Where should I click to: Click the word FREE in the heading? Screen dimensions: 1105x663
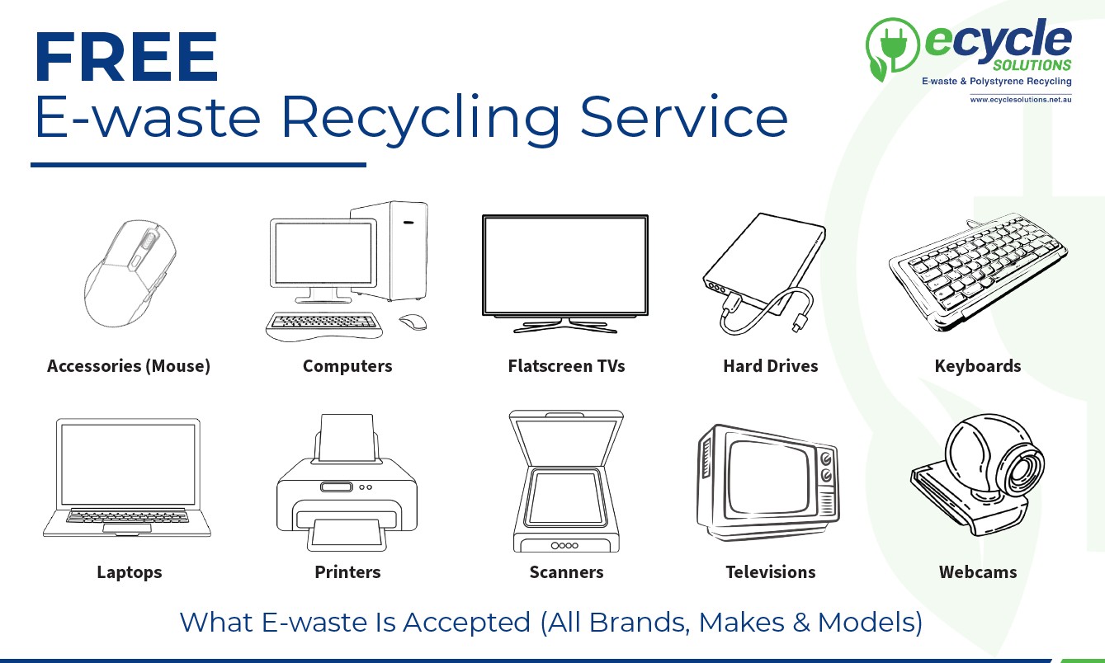[x=126, y=56]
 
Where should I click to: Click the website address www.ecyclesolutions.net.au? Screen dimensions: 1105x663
[x=1021, y=100]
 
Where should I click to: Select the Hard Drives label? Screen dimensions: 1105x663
[x=771, y=366]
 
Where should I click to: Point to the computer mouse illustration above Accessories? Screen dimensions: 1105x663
[x=130, y=273]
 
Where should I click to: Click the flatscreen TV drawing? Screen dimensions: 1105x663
[x=565, y=274]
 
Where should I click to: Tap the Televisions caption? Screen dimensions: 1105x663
[x=771, y=571]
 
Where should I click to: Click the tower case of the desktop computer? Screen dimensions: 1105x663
[x=390, y=251]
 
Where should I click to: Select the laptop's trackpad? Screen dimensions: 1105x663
[x=127, y=528]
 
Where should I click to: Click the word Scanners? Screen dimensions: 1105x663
[x=566, y=571]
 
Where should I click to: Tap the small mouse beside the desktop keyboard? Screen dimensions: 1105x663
[x=413, y=322]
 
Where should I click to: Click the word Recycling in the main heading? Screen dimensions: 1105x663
[x=420, y=118]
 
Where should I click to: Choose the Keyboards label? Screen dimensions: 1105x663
[x=978, y=366]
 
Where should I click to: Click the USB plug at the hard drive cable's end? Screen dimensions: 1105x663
[x=800, y=322]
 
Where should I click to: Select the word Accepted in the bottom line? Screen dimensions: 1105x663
[x=466, y=622]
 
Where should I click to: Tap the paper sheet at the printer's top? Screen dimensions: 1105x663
[x=347, y=438]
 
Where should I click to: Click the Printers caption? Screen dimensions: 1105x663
[x=347, y=571]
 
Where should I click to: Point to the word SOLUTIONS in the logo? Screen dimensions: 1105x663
[x=1032, y=65]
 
